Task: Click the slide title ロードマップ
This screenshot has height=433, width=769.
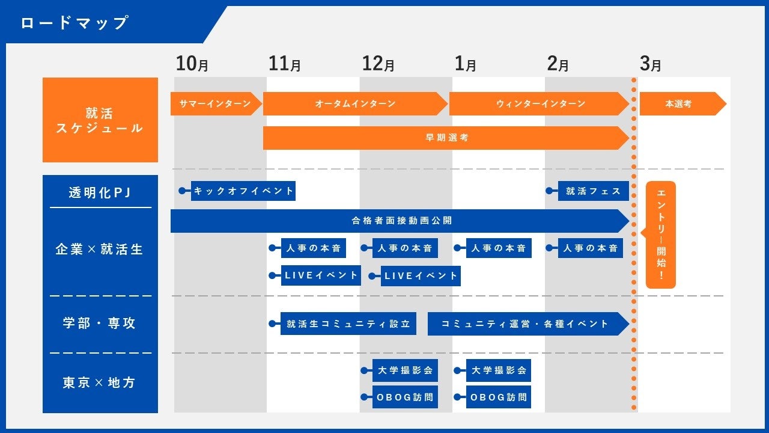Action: point(74,23)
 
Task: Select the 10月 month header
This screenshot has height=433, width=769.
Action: point(192,64)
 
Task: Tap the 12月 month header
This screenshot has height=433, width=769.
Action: point(378,64)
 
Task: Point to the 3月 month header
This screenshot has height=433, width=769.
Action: point(650,64)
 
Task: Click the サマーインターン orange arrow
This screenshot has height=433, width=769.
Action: point(215,104)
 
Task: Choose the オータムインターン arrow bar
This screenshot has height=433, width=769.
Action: point(355,104)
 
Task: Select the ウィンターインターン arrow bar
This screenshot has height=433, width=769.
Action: point(540,104)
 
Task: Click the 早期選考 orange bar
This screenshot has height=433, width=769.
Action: point(446,138)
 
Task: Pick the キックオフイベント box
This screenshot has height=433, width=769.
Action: point(243,191)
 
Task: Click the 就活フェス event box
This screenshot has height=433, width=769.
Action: point(593,191)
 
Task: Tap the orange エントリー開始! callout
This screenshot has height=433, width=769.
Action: point(661,235)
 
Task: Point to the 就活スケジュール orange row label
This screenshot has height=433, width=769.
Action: point(100,120)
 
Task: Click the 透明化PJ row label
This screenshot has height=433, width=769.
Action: point(100,193)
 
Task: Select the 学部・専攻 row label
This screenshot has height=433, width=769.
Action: point(100,323)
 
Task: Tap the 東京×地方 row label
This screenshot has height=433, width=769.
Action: point(100,383)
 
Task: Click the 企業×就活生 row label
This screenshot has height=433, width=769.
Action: point(100,249)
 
